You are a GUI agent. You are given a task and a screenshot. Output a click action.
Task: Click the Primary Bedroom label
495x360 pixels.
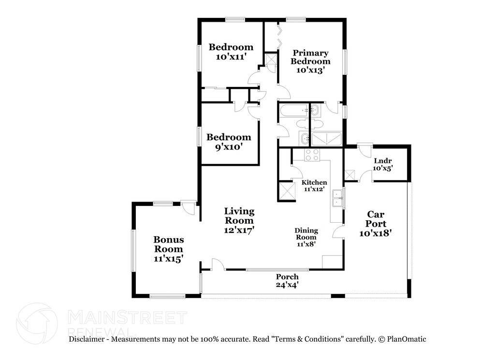coord(310,57)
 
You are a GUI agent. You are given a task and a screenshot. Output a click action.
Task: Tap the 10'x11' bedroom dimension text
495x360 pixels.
coord(231,57)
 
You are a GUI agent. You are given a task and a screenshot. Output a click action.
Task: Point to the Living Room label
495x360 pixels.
coord(239,216)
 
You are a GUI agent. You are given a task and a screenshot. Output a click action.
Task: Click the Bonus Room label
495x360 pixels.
coord(168,244)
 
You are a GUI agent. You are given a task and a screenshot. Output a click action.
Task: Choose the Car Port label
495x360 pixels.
coord(376,219)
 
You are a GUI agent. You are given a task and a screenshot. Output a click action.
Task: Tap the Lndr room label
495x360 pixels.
coord(382,161)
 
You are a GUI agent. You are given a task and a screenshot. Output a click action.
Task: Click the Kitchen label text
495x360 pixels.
coord(314,183)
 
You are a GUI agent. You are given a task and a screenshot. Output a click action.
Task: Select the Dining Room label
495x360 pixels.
coord(306,234)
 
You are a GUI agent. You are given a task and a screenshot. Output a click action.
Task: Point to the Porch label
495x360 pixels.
coord(287,277)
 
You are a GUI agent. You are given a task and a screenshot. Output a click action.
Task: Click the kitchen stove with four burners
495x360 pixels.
coord(312,155)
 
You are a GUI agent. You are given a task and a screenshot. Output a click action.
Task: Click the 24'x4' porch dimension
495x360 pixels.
coord(287,285)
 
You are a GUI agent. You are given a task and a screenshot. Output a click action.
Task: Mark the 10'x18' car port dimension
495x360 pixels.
coord(376,233)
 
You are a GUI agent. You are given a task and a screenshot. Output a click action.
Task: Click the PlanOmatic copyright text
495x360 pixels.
coord(402,339)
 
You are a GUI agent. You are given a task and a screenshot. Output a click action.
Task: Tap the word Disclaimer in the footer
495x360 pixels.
coord(87,339)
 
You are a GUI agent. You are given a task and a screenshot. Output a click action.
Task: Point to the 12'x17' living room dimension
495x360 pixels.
coord(239,230)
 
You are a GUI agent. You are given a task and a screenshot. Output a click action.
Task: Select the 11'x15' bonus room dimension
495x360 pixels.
coord(168,259)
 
